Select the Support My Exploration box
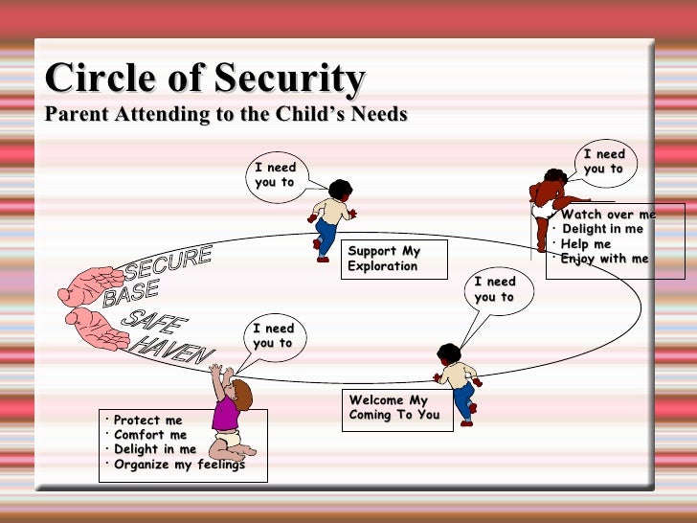coord(393,259)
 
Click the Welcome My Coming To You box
coord(396,408)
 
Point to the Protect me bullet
coord(147,421)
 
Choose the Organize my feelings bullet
coord(179,465)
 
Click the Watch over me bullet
coord(608,215)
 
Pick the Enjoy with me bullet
coord(604,259)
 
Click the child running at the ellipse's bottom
coord(457,379)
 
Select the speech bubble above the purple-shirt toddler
coord(273,336)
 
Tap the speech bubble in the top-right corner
coord(603,162)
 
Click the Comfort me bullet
coord(150,435)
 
